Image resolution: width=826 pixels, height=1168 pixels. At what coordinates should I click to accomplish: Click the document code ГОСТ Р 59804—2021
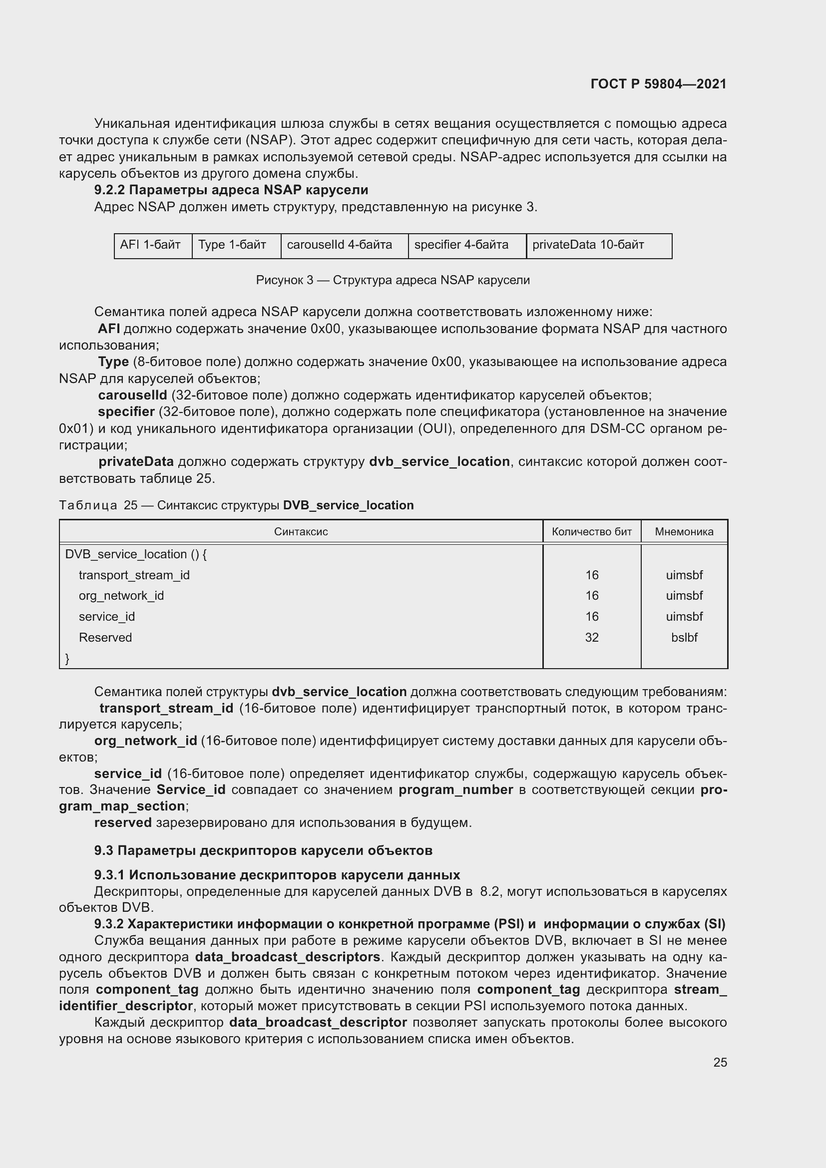point(658,84)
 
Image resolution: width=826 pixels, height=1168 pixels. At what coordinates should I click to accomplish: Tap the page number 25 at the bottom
point(720,1062)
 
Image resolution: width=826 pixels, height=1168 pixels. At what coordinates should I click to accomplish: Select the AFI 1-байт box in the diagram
point(150,245)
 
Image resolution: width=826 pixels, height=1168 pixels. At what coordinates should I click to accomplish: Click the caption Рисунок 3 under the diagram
point(393,280)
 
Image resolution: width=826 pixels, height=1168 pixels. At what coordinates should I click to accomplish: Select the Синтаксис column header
point(301,532)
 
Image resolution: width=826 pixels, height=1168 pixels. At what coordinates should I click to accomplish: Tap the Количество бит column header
point(591,532)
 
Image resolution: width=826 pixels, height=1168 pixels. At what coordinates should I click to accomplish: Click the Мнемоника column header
point(684,532)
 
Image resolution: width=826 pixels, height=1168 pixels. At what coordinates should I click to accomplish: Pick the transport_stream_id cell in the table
point(134,575)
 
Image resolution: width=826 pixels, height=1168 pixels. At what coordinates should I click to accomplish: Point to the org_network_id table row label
point(121,596)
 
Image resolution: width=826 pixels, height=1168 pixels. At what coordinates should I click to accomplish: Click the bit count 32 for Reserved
point(591,637)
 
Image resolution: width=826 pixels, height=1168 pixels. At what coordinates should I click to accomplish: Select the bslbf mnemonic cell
point(684,637)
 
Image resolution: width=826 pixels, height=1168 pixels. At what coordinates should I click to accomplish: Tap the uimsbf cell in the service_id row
point(684,617)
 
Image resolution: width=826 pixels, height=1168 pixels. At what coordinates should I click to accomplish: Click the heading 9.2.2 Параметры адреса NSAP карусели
point(231,190)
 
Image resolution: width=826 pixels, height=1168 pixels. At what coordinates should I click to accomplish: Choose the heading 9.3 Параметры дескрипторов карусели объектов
point(263,850)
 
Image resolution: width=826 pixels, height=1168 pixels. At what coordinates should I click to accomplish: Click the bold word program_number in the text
point(455,790)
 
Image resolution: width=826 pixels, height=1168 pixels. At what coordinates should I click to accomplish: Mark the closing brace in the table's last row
point(67,659)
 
